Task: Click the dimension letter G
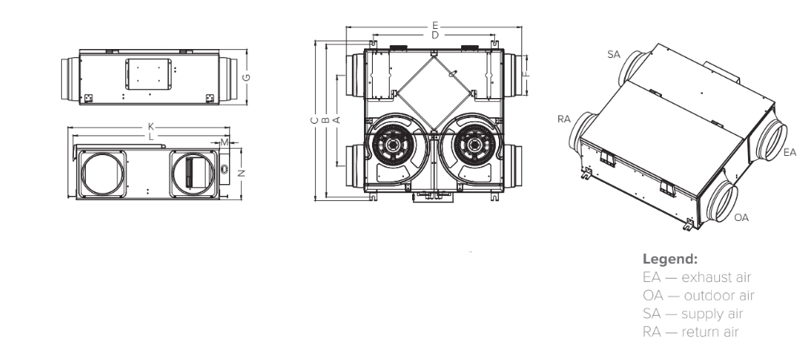point(248,77)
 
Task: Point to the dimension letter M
point(224,142)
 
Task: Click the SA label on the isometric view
point(614,54)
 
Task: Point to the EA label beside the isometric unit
point(790,151)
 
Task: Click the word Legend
point(670,260)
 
